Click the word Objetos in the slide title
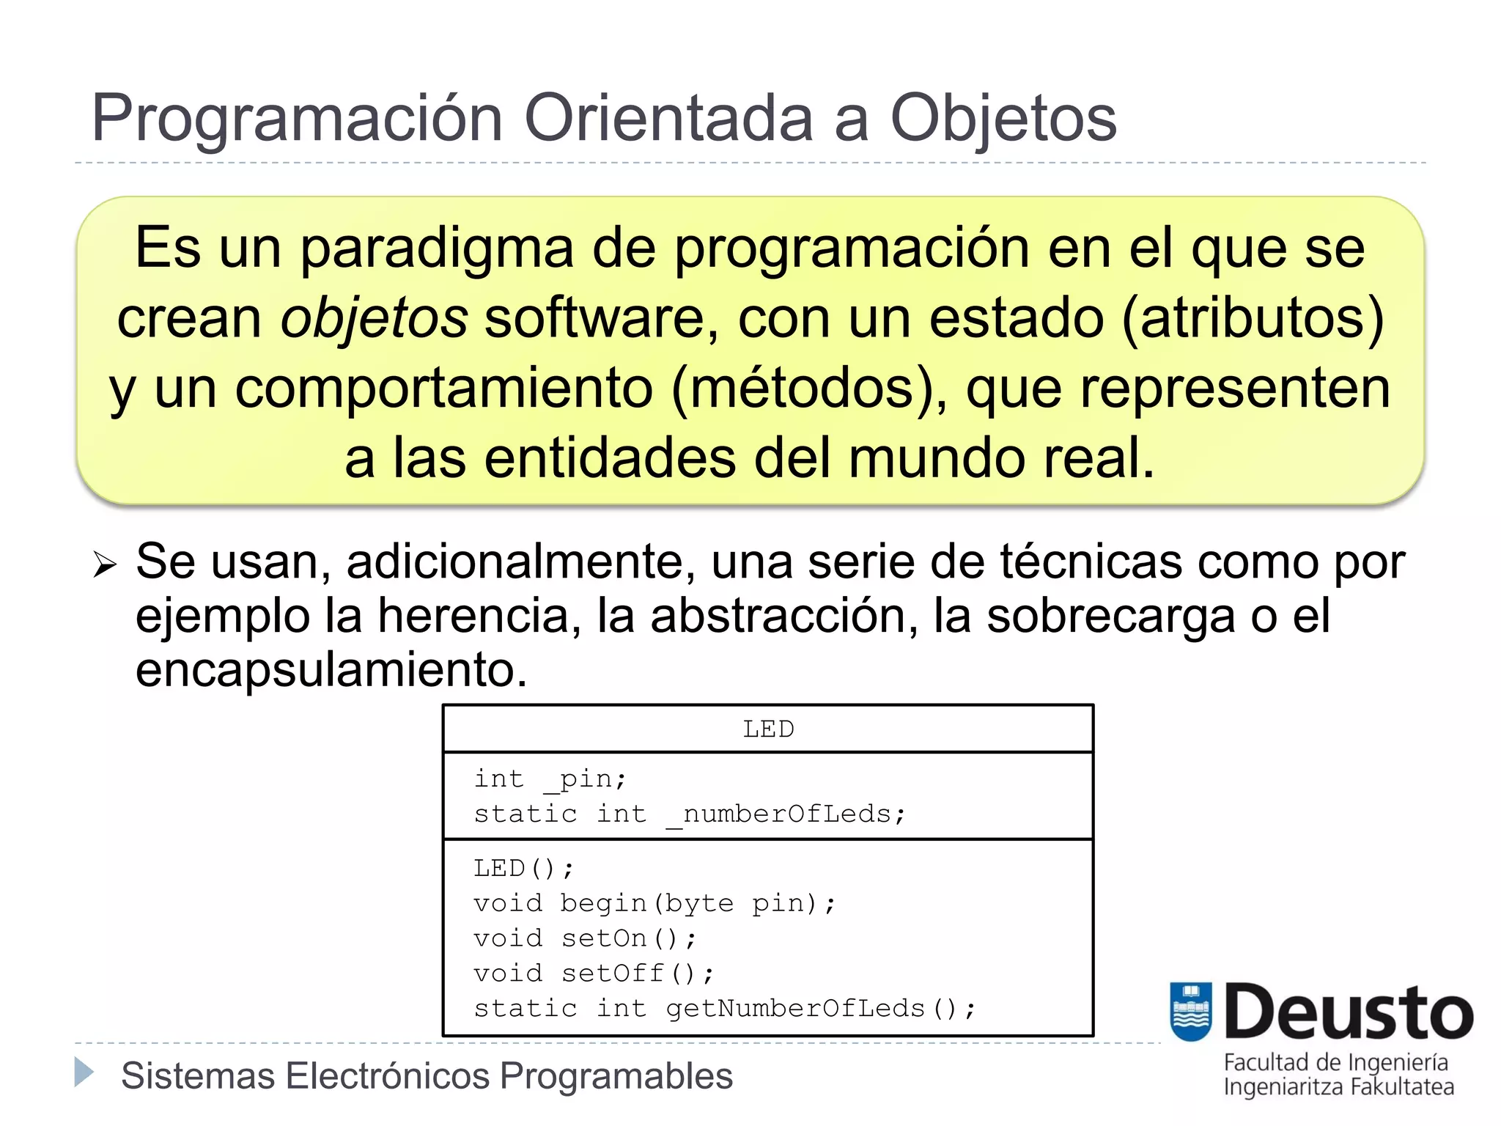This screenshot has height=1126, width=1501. pyautogui.click(x=1003, y=119)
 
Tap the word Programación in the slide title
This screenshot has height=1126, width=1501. pyautogui.click(x=297, y=119)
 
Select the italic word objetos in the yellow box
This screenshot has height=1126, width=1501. pyautogui.click(x=374, y=319)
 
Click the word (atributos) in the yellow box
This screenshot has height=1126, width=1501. pyautogui.click(x=1253, y=319)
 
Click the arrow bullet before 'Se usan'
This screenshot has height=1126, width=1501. pyautogui.click(x=105, y=564)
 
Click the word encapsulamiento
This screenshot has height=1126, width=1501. pyautogui.click(x=331, y=669)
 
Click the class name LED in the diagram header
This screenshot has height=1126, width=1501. pyautogui.click(x=768, y=729)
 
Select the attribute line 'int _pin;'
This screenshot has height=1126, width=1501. pyautogui.click(x=550, y=779)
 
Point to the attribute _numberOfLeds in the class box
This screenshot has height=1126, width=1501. pyautogui.click(x=786, y=814)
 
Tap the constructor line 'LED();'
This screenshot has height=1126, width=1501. pyautogui.click(x=523, y=869)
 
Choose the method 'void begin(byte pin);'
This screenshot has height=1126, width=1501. pyautogui.click(x=654, y=903)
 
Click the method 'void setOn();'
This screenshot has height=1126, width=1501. pyautogui.click(x=584, y=938)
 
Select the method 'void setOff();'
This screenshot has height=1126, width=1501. pyautogui.click(x=593, y=974)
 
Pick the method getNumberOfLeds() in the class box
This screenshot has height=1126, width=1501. pyautogui.click(x=821, y=1009)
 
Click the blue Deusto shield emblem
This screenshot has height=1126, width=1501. pyautogui.click(x=1190, y=1012)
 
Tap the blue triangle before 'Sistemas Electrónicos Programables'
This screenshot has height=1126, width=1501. pyautogui.click(x=84, y=1072)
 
